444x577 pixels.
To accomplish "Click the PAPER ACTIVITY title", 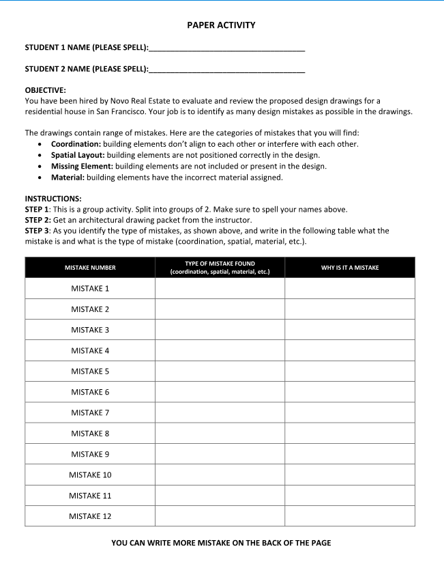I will point(221,25).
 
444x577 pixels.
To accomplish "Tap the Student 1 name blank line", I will point(226,49).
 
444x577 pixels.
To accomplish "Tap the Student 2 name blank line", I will point(226,70).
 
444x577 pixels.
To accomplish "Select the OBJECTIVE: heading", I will point(46,90).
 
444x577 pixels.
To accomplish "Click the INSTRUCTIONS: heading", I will point(53,199).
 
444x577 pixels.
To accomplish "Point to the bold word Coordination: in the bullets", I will point(76,144).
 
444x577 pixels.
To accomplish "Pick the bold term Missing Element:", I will point(83,166).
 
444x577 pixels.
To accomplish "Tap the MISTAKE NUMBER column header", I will point(90,268).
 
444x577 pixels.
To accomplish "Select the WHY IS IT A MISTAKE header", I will point(350,268).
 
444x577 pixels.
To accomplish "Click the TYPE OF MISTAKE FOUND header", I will point(220,267).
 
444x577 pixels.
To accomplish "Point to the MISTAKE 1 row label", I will point(90,289).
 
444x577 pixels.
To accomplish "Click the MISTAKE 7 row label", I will point(90,412).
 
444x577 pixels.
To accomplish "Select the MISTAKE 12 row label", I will point(90,516).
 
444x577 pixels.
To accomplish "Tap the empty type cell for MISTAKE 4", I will point(220,351).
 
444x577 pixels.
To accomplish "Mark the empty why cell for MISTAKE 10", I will point(350,475).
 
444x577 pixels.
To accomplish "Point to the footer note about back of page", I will point(221,543).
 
